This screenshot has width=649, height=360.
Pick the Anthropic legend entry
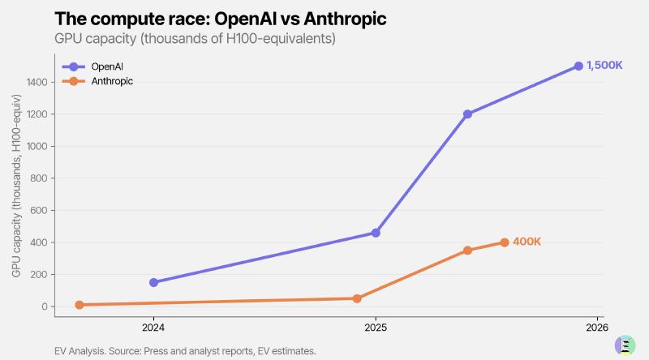click(x=93, y=81)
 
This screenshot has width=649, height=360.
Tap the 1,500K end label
click(x=604, y=66)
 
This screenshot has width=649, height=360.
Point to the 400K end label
click(x=527, y=242)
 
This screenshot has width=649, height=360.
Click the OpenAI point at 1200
click(x=467, y=114)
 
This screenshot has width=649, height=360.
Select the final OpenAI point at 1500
click(x=578, y=66)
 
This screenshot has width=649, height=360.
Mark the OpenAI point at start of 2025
click(x=376, y=233)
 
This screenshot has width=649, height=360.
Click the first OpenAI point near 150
click(x=154, y=282)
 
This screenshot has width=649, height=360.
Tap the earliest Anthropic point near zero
click(x=80, y=305)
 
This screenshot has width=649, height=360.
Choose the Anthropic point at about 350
click(x=467, y=251)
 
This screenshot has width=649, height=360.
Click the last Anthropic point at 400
click(x=505, y=242)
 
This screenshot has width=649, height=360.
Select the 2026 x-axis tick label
click(x=596, y=328)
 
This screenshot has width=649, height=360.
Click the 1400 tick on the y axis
click(x=37, y=82)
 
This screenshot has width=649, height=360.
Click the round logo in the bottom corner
click(x=625, y=344)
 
